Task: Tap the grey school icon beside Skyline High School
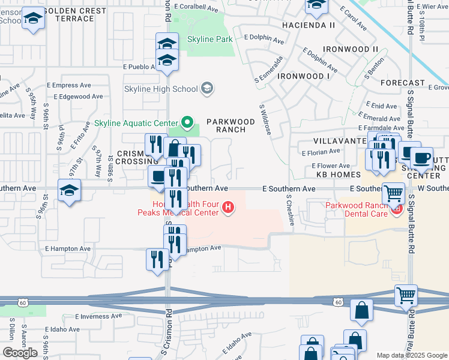[x=207, y=89]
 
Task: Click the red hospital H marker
[x=228, y=208]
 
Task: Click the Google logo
[x=20, y=353]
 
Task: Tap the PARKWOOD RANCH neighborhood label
[x=226, y=125]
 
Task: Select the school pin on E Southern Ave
[x=70, y=191]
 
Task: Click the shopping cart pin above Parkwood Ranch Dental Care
[x=394, y=193]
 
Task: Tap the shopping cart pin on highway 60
[x=406, y=296]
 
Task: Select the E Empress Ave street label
[x=74, y=85]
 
